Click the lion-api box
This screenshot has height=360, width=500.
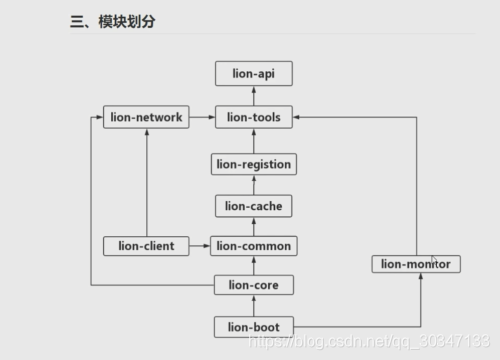pyautogui.click(x=253, y=72)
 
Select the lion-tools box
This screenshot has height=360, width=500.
pyautogui.click(x=253, y=117)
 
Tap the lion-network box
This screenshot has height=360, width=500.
pyautogui.click(x=145, y=117)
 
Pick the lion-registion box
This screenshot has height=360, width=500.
pyautogui.click(x=253, y=163)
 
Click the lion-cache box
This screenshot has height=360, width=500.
pyautogui.click(x=253, y=206)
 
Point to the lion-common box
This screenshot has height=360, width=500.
pyautogui.click(x=254, y=245)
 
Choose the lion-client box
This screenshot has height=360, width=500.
pyautogui.click(x=146, y=245)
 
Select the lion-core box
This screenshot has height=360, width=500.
pyautogui.click(x=254, y=286)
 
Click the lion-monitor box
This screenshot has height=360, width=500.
pyautogui.click(x=418, y=264)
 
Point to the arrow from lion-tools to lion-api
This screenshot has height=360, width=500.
pyautogui.click(x=254, y=95)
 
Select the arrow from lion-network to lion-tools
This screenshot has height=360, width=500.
pyautogui.click(x=201, y=117)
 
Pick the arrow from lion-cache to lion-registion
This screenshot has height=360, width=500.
pyautogui.click(x=254, y=184)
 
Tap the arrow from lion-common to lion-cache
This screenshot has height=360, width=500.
pyautogui.click(x=254, y=226)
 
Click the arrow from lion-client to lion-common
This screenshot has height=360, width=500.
pyautogui.click(x=199, y=245)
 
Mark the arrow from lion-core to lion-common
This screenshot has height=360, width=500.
pyautogui.click(x=254, y=266)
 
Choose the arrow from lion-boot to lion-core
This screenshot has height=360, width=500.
pyautogui.click(x=254, y=305)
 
